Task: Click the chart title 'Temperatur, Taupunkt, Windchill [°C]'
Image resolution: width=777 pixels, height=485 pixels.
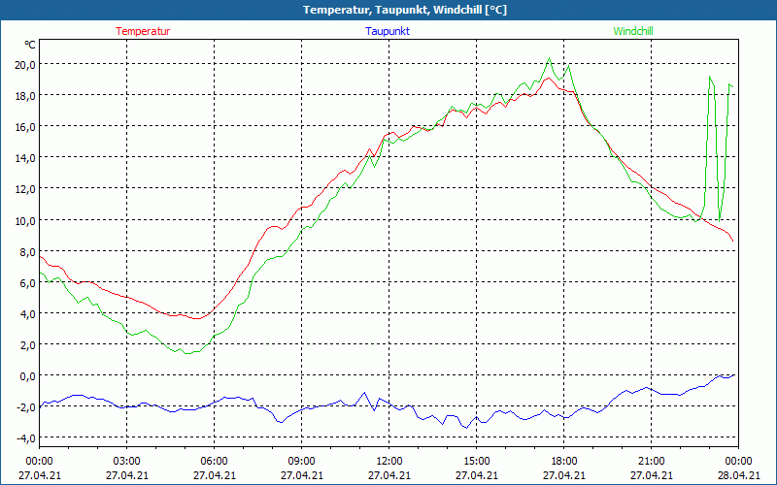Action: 388,10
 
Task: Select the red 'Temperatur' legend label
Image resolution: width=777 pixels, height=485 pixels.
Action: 143,31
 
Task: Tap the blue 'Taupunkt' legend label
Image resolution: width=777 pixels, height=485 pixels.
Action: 388,31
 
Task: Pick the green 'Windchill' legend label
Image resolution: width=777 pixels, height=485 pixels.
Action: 633,31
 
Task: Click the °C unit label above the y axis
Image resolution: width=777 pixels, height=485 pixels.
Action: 30,45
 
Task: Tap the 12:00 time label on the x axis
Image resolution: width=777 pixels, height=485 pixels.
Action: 388,461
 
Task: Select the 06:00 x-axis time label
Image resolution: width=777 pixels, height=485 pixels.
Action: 214,461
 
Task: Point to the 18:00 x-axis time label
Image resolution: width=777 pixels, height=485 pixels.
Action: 563,461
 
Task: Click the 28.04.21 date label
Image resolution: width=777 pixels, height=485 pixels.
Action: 738,475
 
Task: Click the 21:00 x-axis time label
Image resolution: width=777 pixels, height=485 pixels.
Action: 651,461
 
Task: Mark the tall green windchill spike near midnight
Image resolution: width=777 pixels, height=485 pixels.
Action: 711,77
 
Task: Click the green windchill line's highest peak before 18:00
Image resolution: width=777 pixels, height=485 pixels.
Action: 550,58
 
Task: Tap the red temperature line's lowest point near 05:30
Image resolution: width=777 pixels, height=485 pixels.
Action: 197,318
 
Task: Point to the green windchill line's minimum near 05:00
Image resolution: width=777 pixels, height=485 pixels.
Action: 186,353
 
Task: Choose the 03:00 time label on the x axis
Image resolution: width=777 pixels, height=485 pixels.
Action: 126,461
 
